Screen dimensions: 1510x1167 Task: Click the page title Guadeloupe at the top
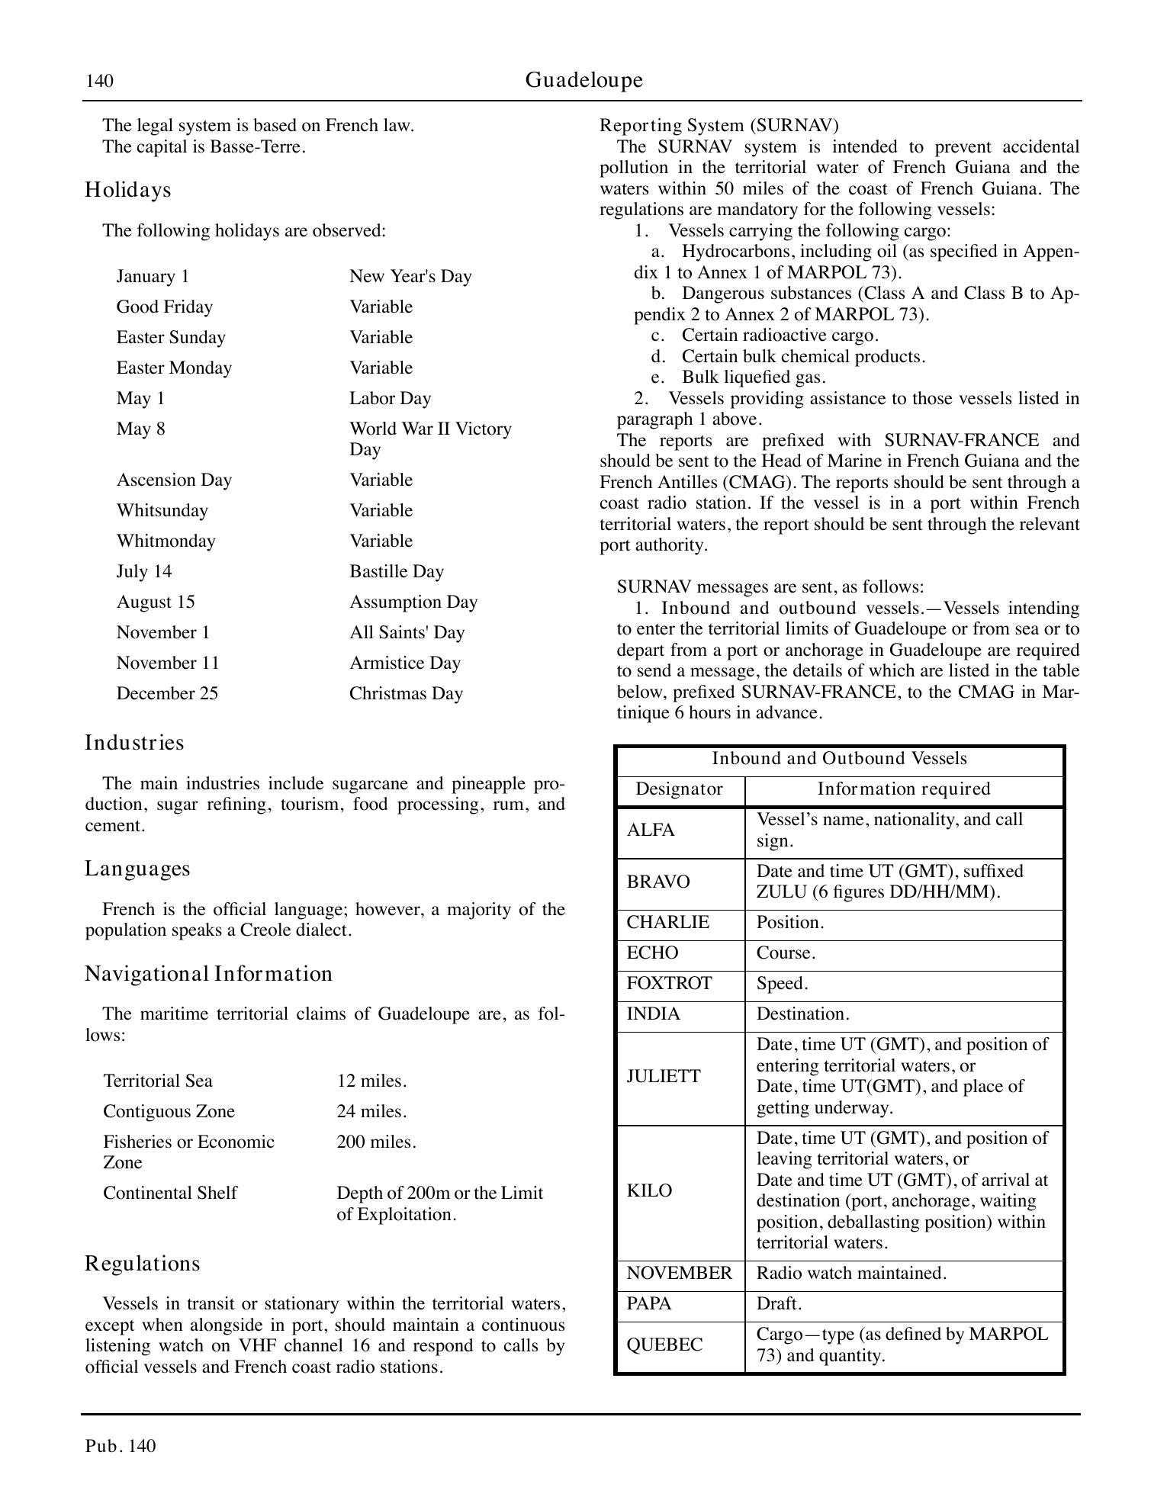click(583, 80)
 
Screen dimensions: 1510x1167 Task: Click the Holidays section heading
click(127, 190)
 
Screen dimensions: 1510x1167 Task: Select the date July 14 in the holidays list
click(144, 571)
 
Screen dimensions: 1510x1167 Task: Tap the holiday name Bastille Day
click(396, 571)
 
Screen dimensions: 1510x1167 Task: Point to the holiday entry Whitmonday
click(166, 541)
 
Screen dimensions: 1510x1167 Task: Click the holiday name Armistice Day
click(404, 663)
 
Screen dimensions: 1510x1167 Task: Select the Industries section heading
click(134, 743)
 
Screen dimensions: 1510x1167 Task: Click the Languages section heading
click(137, 869)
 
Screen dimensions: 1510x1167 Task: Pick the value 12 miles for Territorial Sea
click(371, 1081)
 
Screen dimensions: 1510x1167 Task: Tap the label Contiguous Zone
click(169, 1111)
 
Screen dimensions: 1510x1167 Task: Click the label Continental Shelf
click(170, 1193)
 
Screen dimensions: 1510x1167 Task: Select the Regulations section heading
click(142, 1264)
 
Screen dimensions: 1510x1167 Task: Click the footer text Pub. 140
click(121, 1446)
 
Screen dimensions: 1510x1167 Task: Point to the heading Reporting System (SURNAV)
click(719, 125)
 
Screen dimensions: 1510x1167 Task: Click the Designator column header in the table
click(679, 789)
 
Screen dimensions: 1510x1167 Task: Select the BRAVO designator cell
click(657, 882)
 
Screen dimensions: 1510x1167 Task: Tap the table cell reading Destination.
click(802, 1014)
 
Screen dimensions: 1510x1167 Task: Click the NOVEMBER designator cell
click(679, 1273)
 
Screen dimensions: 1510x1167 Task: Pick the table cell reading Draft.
click(779, 1303)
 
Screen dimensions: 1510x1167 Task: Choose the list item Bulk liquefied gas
click(754, 377)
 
